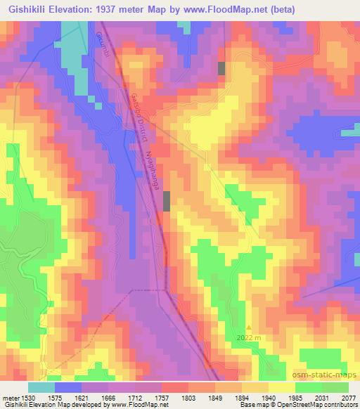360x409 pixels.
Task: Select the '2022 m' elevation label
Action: pos(248,337)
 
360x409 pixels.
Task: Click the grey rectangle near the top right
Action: pos(221,68)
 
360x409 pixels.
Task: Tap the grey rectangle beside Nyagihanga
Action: pos(167,201)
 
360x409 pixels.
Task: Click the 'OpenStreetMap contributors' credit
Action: pos(321,405)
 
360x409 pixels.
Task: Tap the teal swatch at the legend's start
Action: pos(41,387)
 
